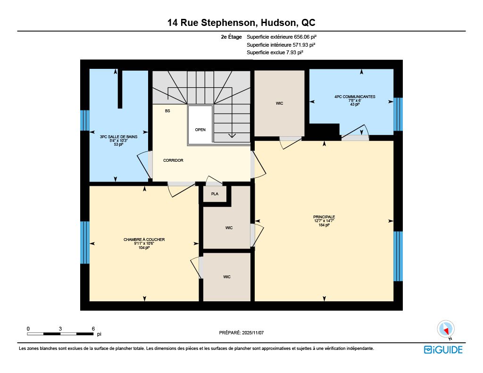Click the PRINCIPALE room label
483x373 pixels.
click(324, 217)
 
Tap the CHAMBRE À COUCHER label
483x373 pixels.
click(144, 240)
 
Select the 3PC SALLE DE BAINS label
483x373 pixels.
click(118, 137)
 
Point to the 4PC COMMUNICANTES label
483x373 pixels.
click(355, 97)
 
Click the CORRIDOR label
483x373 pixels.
click(173, 160)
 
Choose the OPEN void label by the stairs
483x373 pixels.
click(200, 130)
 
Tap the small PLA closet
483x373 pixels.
click(215, 194)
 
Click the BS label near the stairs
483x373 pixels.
click(167, 111)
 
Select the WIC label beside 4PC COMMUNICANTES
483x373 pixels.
click(279, 103)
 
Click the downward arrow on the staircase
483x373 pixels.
click(232, 135)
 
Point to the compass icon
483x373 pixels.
click(446, 329)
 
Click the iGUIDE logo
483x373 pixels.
click(443, 350)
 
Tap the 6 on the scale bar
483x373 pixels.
click(93, 329)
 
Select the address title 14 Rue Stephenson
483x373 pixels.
click(211, 23)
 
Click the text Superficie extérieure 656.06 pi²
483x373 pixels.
click(282, 37)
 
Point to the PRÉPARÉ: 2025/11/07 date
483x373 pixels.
click(241, 332)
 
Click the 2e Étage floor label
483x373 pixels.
click(231, 37)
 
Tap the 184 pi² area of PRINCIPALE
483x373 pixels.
click(324, 225)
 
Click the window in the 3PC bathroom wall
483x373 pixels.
click(85, 120)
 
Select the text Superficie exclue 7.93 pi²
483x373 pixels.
click(275, 53)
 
